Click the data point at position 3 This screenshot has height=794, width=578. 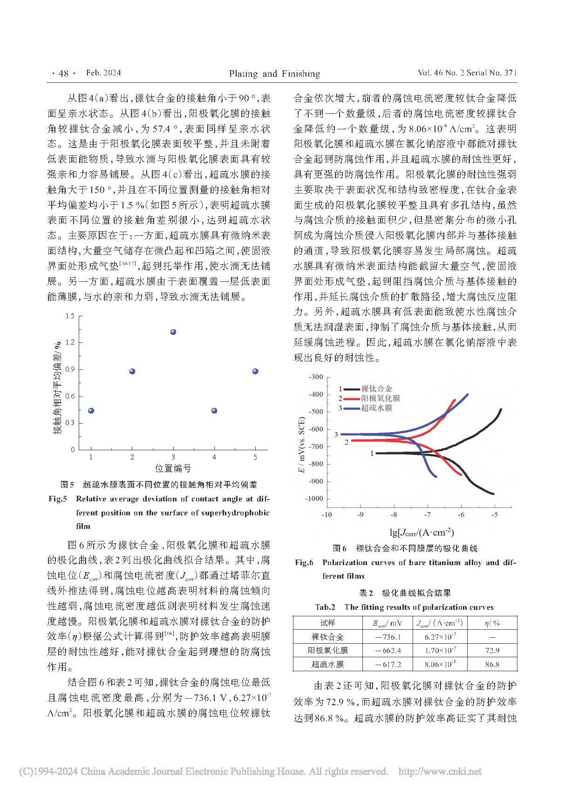[x=173, y=332]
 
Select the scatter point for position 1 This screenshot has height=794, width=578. [x=91, y=411]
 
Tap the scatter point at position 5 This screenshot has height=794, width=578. [x=255, y=371]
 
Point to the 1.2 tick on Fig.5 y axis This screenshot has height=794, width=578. [x=70, y=342]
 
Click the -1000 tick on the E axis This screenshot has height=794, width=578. [x=314, y=499]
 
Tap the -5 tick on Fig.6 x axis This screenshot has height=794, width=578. [x=494, y=515]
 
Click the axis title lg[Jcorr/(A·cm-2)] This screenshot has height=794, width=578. [x=422, y=532]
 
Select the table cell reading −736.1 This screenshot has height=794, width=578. [x=388, y=637]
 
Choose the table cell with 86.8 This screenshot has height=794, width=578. [x=492, y=664]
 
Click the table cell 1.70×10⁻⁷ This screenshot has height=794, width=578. [x=440, y=650]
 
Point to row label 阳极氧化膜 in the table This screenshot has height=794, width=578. [x=327, y=650]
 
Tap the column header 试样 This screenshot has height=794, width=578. [x=327, y=623]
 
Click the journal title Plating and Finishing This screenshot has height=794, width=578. [x=274, y=73]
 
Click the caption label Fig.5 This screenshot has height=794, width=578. [x=58, y=499]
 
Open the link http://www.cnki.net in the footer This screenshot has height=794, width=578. [x=440, y=771]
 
